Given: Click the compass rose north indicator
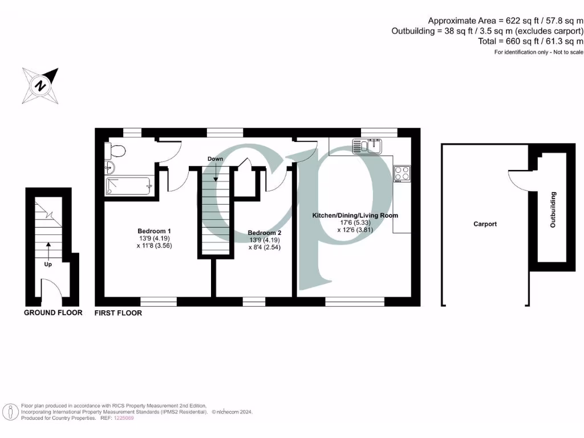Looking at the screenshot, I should pyautogui.click(x=40, y=85).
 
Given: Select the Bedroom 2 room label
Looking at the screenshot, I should pyautogui.click(x=264, y=233).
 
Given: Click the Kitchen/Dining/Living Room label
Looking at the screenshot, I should pyautogui.click(x=354, y=216).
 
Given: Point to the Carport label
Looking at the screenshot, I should pyautogui.click(x=485, y=224).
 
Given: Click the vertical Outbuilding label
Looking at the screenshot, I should pyautogui.click(x=553, y=210).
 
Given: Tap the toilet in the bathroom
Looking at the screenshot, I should pyautogui.click(x=116, y=152).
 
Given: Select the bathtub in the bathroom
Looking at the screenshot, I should pyautogui.click(x=129, y=185).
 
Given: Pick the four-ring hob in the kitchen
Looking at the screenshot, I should pyautogui.click(x=401, y=173).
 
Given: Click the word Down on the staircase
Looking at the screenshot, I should pyautogui.click(x=216, y=159).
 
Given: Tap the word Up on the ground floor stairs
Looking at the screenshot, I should pyautogui.click(x=48, y=265).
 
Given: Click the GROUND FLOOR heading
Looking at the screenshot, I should pyautogui.click(x=53, y=313).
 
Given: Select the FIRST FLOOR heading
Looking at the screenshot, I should pyautogui.click(x=118, y=313).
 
